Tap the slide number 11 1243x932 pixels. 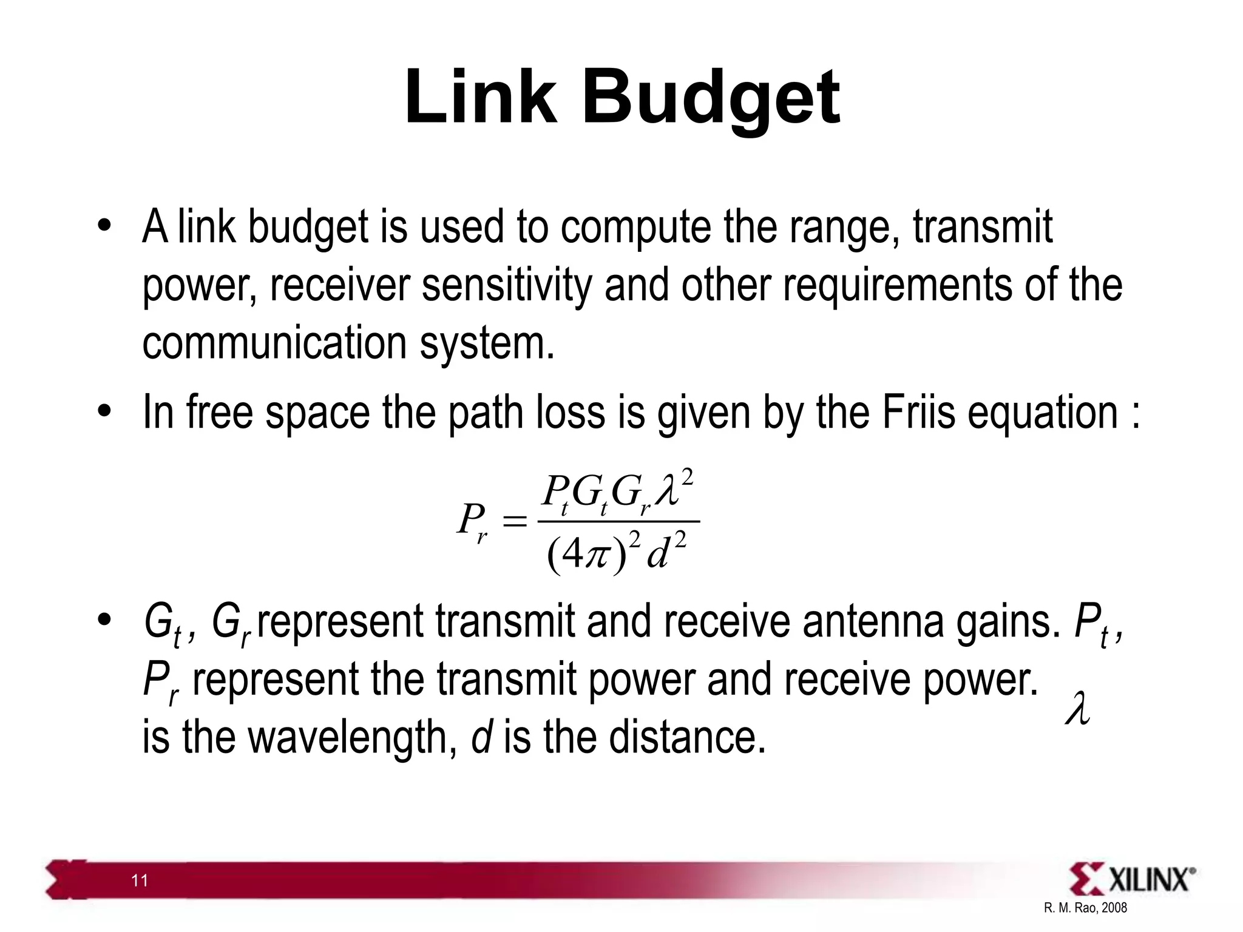(x=140, y=880)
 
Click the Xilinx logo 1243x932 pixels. (x=1133, y=878)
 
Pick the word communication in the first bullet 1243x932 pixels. (x=274, y=342)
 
